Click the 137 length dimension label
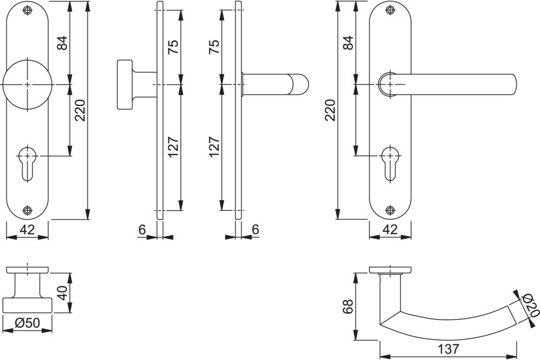coord(448,349)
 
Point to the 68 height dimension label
coord(348,307)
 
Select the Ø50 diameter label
coord(28,323)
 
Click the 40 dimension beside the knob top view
coord(62,293)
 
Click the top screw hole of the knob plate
coord(28,10)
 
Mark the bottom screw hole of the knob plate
coord(28,210)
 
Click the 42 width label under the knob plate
coord(27,230)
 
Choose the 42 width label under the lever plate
coord(390,230)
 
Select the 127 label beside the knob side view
coord(173,147)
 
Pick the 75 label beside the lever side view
coord(214,47)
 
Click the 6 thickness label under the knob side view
coord(141,230)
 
